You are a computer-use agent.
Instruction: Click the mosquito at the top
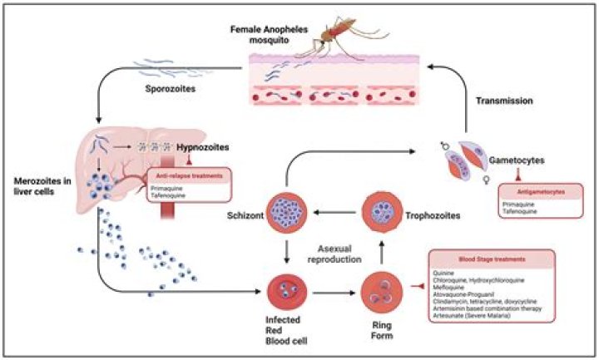333,35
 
